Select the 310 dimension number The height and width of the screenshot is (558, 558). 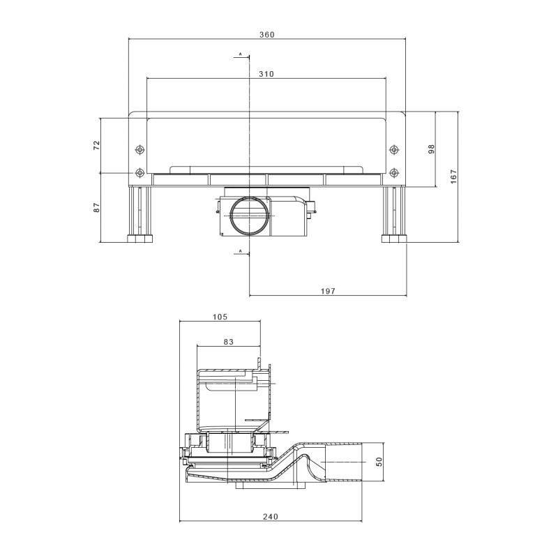click(265, 74)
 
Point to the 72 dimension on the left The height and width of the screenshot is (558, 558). click(97, 144)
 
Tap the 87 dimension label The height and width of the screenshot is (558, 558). click(97, 207)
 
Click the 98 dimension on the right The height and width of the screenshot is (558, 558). click(432, 149)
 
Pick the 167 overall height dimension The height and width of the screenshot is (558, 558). click(453, 176)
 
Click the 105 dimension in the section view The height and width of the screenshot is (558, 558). click(220, 317)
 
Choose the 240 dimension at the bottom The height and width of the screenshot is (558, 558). click(271, 517)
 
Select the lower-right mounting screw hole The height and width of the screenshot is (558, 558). click(394, 172)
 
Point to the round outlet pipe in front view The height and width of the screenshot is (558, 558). click(250, 216)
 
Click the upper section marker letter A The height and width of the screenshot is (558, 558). click(240, 54)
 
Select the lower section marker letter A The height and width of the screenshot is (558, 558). click(240, 250)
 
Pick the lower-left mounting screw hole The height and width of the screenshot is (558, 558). click(139, 172)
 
